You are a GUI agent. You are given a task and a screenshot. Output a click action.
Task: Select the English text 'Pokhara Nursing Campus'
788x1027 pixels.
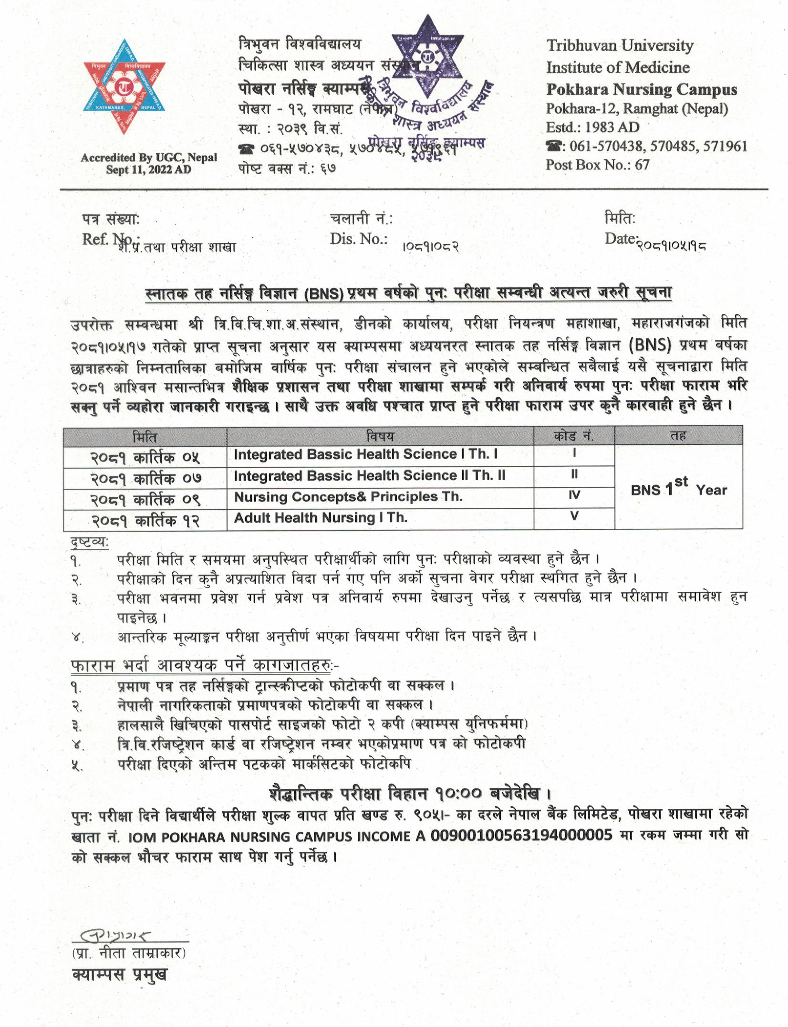click(642, 89)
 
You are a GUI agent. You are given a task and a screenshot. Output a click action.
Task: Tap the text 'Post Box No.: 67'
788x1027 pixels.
click(598, 165)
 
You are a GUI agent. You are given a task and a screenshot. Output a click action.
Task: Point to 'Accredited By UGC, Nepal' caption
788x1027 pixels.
click(148, 158)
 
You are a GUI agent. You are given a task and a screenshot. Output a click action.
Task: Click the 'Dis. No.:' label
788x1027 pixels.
click(358, 239)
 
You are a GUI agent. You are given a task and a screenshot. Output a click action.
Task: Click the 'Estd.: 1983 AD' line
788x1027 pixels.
click(592, 127)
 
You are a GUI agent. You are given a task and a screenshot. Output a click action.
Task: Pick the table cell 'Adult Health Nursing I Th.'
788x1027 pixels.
click(321, 518)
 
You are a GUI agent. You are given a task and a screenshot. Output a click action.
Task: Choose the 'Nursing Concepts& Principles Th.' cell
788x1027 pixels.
click(348, 497)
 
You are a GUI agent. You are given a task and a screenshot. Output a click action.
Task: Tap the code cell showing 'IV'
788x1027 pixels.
click(574, 495)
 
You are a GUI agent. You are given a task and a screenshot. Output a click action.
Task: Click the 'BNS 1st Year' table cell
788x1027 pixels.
click(678, 488)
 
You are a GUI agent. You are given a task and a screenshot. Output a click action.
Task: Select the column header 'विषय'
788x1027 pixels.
click(380, 436)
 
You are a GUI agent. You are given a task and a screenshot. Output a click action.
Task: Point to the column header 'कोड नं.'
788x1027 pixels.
click(574, 436)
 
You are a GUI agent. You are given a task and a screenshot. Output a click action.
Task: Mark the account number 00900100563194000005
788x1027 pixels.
click(521, 835)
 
